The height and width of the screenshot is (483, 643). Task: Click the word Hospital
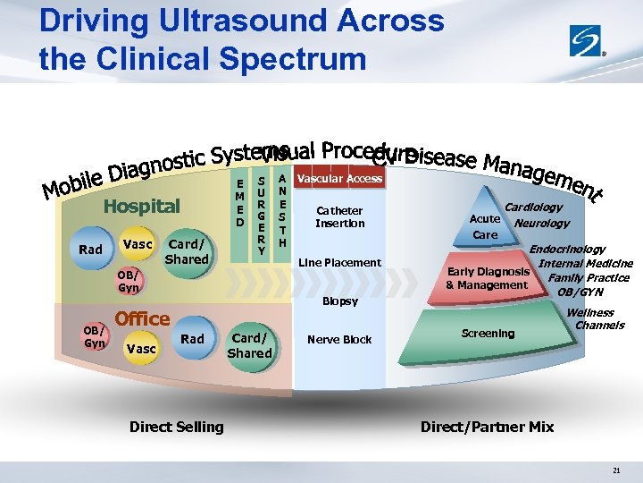pyautogui.click(x=141, y=207)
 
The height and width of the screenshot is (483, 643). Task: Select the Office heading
pyautogui.click(x=143, y=318)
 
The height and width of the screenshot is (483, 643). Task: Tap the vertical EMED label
pyautogui.click(x=239, y=202)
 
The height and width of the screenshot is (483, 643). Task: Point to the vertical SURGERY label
pyautogui.click(x=261, y=216)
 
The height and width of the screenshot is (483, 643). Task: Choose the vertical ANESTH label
pyautogui.click(x=282, y=210)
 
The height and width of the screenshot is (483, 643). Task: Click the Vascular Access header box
pyautogui.click(x=339, y=179)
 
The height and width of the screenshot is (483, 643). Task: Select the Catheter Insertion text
pyautogui.click(x=340, y=217)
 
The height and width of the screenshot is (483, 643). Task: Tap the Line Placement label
pyautogui.click(x=339, y=263)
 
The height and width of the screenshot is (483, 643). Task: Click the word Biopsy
pyautogui.click(x=340, y=301)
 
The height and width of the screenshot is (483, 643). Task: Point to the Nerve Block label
pyautogui.click(x=339, y=340)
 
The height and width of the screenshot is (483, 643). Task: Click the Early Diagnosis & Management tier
pyautogui.click(x=488, y=278)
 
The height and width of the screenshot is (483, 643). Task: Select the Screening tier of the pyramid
pyautogui.click(x=488, y=334)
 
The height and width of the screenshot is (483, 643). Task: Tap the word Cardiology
pyautogui.click(x=533, y=208)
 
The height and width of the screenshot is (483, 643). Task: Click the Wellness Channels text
pyautogui.click(x=593, y=318)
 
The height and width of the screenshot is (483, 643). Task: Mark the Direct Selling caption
pyautogui.click(x=177, y=428)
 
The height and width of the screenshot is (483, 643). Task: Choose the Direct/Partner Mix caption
pyautogui.click(x=487, y=428)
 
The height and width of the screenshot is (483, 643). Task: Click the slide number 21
pyautogui.click(x=616, y=470)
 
